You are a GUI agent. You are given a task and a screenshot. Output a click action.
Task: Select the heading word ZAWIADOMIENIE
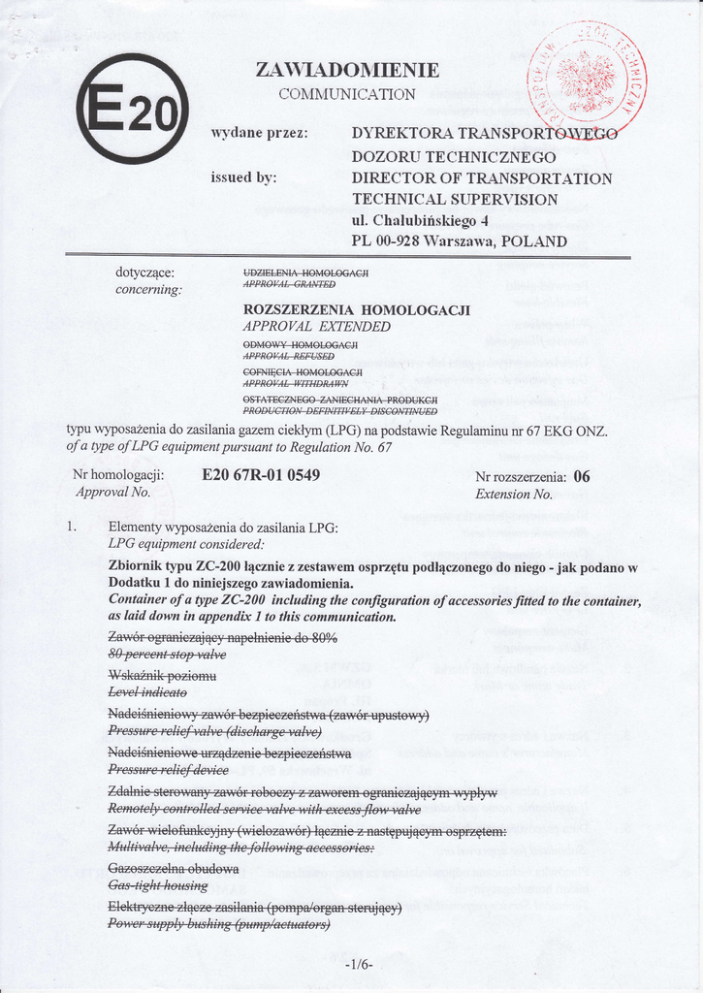347,70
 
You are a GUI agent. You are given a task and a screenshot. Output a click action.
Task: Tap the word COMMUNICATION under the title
347,94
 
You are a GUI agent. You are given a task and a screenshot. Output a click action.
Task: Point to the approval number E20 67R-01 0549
261,475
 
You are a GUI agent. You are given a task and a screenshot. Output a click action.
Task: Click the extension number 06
582,476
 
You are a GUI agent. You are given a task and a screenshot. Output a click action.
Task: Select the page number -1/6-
358,965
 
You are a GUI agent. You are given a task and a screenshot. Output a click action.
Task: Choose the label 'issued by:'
243,177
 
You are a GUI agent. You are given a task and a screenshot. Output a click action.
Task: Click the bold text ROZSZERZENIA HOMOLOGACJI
356,309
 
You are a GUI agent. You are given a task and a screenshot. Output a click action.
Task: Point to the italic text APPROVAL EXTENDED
316,327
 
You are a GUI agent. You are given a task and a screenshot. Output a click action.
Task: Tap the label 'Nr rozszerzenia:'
521,476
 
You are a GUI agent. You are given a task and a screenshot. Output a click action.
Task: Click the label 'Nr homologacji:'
118,475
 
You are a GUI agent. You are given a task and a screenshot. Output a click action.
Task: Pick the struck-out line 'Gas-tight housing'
157,885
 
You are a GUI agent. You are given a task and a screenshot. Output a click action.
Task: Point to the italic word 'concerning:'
148,289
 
